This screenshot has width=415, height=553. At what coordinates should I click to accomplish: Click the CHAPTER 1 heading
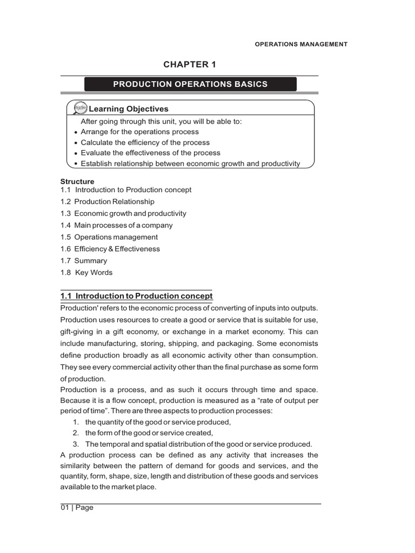[x=190, y=65]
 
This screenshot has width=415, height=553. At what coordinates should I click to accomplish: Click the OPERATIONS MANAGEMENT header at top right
[x=301, y=44]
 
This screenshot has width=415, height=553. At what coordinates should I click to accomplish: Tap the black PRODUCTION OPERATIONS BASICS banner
[x=190, y=84]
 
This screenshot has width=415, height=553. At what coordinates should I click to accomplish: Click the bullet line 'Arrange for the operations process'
[x=139, y=132]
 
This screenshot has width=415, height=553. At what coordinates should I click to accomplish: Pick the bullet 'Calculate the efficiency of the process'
[x=145, y=143]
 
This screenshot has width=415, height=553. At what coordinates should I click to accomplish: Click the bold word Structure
[x=77, y=181]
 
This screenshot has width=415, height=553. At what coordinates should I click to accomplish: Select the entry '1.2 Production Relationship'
[x=108, y=201]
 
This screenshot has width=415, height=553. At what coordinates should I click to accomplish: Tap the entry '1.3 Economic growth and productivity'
[x=123, y=213]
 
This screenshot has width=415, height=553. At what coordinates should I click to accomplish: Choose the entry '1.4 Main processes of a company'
[x=117, y=225]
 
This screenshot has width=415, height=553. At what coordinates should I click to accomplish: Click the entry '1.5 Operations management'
[x=109, y=237]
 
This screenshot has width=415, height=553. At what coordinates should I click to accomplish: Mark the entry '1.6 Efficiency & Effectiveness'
[x=110, y=249]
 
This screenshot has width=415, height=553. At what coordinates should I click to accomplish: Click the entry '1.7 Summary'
[x=84, y=261]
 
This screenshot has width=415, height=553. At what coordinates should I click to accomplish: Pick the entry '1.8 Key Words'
[x=86, y=273]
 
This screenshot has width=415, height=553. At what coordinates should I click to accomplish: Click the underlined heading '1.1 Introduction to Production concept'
[x=136, y=296]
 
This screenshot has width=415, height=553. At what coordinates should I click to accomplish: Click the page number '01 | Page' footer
[x=77, y=508]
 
